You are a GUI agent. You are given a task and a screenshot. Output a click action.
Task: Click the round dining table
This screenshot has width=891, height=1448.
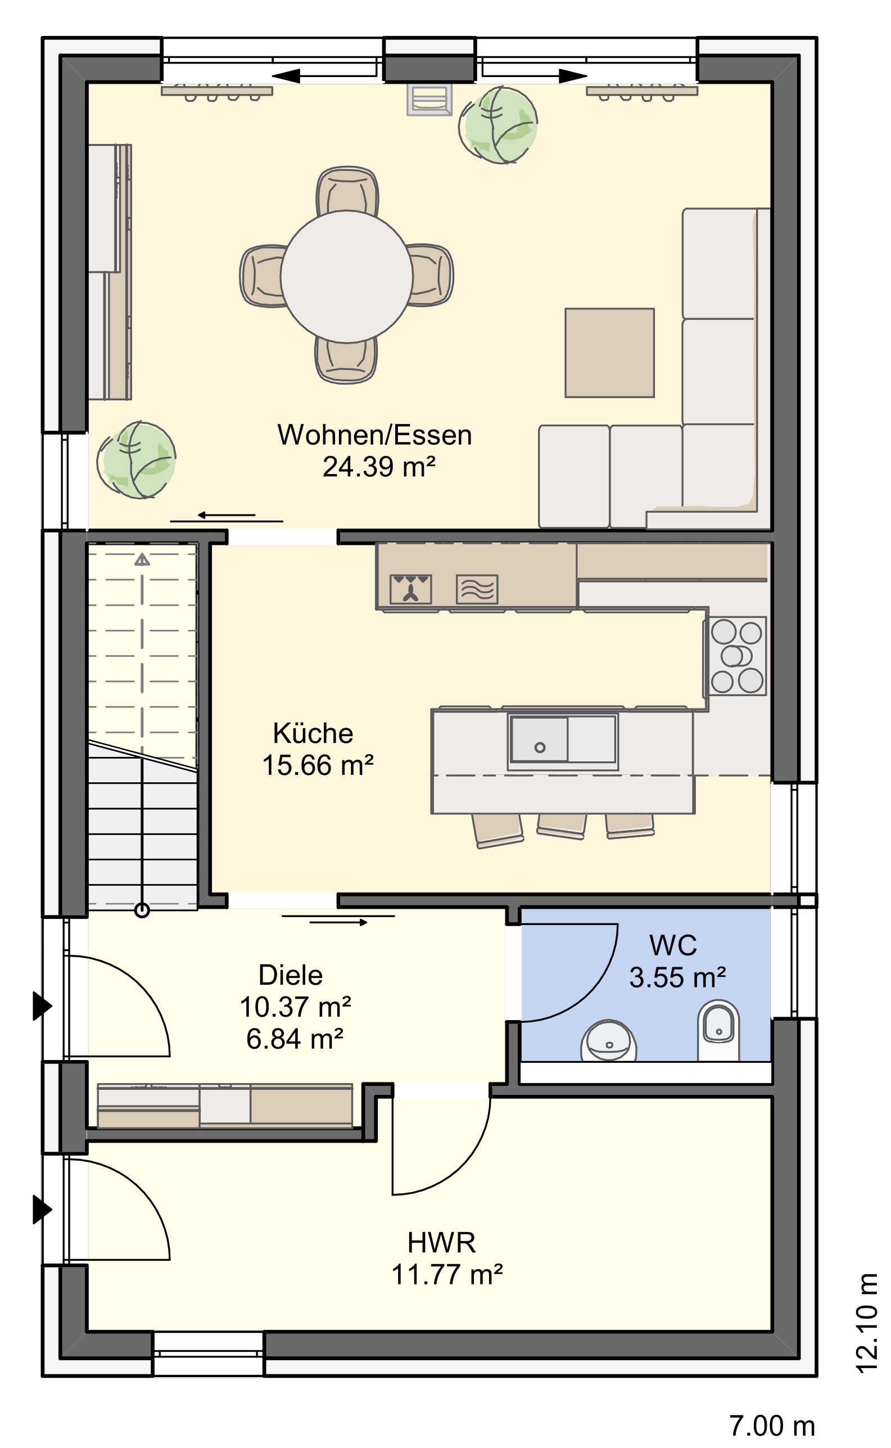346,277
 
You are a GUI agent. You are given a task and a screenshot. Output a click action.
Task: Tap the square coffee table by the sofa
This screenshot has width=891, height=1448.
609,353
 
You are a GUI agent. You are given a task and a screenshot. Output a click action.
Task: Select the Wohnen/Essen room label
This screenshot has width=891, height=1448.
375,435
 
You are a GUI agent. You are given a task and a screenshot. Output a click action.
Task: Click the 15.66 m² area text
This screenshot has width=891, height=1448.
318,765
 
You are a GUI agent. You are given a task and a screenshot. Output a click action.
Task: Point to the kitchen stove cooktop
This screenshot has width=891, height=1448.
736,656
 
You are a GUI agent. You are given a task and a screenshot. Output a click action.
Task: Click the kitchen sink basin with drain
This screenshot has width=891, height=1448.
539,739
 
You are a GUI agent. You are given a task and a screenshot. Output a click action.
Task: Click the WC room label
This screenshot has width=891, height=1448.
673,945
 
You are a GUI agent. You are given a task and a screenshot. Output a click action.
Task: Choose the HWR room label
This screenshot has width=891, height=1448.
441,1242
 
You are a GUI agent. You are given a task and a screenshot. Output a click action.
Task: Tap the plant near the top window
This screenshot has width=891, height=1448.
499,125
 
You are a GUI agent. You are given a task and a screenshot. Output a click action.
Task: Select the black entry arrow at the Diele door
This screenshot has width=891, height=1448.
42,1005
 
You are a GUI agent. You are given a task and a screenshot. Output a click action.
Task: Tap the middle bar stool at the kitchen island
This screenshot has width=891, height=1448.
561,825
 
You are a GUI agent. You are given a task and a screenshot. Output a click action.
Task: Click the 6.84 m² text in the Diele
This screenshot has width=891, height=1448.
295,1039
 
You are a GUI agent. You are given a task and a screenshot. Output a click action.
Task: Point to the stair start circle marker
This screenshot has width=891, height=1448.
142,910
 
